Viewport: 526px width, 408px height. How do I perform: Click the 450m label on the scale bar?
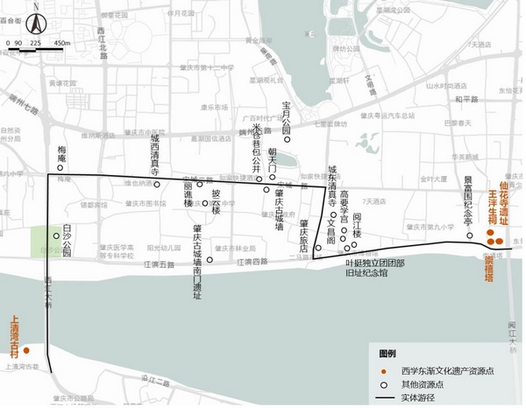62,42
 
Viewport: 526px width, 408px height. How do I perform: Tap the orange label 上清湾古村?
13,337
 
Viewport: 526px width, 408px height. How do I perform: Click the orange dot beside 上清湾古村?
27,350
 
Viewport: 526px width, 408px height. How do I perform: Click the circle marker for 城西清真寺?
157,184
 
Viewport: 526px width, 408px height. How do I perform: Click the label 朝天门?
284,161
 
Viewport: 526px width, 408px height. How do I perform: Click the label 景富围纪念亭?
468,199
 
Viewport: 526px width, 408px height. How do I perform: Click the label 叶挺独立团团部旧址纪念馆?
375,268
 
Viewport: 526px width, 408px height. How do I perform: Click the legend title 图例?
387,354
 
